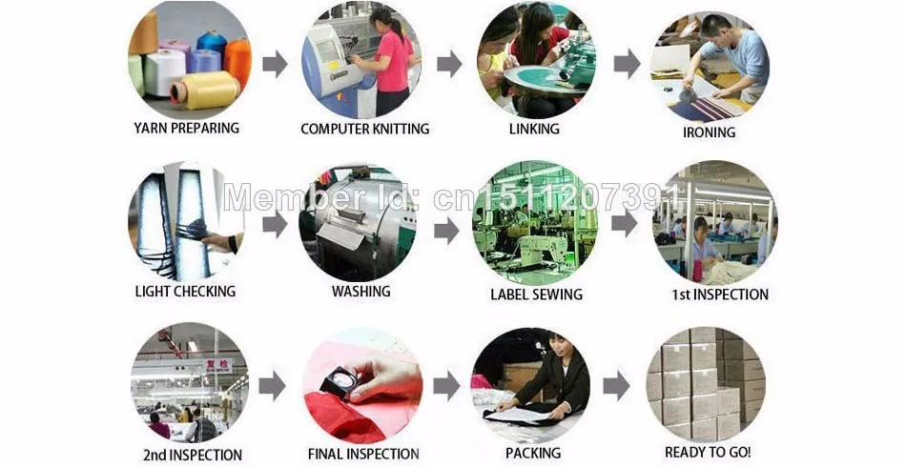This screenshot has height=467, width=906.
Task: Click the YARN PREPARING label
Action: click(186, 128)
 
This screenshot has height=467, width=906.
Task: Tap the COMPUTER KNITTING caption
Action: click(364, 129)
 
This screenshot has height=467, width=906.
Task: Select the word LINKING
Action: click(534, 129)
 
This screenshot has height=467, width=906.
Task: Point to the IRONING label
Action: click(709, 132)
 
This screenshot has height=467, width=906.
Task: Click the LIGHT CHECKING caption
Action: click(185, 292)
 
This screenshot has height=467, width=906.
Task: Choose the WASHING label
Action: click(361, 292)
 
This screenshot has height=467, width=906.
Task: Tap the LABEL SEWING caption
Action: click(536, 294)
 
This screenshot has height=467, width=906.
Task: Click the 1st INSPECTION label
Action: click(720, 294)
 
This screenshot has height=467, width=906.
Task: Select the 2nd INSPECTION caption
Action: click(193, 455)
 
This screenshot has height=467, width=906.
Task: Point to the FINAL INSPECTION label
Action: click(363, 455)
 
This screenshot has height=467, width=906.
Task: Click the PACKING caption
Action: click(533, 453)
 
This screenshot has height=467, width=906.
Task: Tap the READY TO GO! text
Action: click(708, 452)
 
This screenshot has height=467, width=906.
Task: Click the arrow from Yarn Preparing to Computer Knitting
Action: click(275, 64)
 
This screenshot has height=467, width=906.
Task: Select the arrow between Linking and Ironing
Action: click(627, 64)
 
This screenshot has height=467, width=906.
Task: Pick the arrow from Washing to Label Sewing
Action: click(446, 231)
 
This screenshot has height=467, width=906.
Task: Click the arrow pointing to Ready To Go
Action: click(616, 386)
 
